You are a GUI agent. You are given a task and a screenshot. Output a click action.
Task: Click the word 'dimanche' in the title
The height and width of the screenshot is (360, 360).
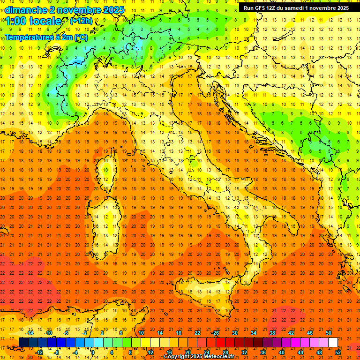[x=25, y=10]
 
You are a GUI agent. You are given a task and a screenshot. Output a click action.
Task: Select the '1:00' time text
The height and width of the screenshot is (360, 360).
[x=16, y=21]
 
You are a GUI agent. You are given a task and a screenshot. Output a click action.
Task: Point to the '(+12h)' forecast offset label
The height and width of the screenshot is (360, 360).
[x=81, y=21]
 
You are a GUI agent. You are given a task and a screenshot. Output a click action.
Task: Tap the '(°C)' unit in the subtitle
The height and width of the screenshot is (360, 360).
[x=81, y=37]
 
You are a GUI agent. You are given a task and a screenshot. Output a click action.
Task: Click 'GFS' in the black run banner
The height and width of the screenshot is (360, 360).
[x=263, y=8]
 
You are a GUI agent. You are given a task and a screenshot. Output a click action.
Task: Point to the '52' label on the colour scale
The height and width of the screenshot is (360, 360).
[x=338, y=352]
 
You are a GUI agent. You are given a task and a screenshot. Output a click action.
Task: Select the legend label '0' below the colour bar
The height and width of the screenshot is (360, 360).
[x=93, y=352]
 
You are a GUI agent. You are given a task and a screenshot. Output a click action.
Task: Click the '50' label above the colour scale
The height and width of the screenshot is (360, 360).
[x=329, y=333]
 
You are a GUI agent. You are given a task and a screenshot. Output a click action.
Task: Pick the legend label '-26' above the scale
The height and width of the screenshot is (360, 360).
[x=215, y=333]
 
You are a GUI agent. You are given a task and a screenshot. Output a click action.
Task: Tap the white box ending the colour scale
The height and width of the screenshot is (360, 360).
[x=333, y=343]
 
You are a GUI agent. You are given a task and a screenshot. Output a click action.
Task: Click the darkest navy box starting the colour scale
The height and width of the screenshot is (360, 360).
[x=23, y=343]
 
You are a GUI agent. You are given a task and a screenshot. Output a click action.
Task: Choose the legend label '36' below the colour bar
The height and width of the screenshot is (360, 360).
[x=263, y=352]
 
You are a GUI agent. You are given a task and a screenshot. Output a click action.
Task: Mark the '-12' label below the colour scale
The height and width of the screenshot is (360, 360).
[x=39, y=352]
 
